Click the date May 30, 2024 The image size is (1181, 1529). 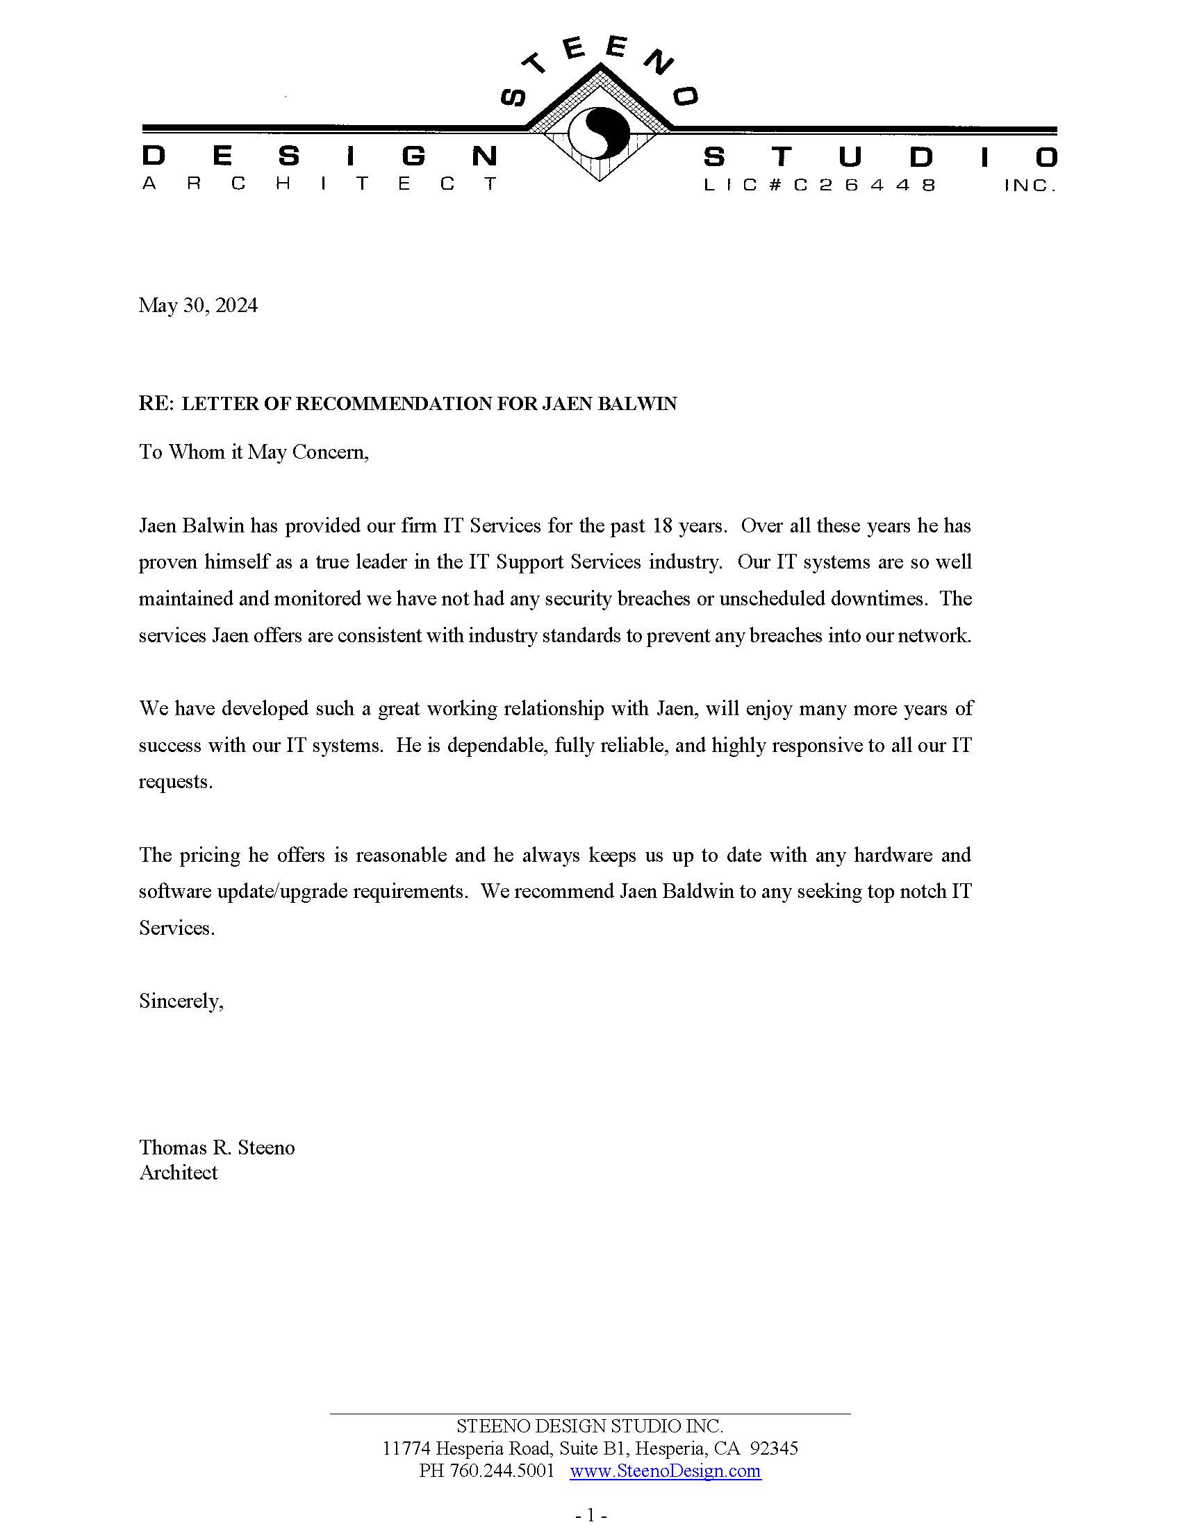click(198, 305)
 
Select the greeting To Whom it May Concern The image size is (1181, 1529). click(254, 452)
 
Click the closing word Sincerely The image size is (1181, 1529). click(181, 1001)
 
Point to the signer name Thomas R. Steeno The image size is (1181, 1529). click(217, 1147)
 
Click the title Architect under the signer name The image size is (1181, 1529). click(179, 1172)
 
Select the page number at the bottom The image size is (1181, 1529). click(590, 1516)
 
